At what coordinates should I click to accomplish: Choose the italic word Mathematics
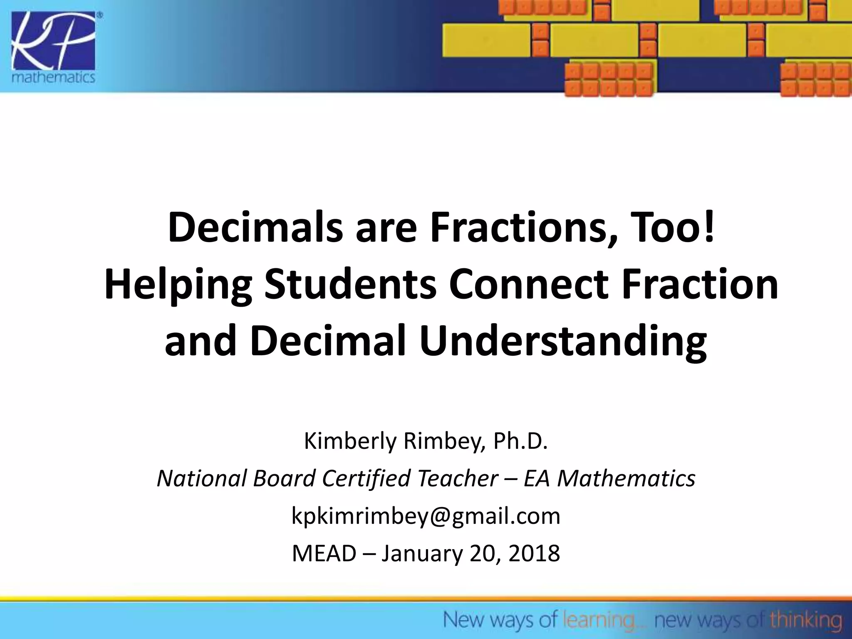click(626, 478)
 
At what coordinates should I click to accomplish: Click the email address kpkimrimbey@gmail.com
click(426, 517)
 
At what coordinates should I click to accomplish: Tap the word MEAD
click(324, 554)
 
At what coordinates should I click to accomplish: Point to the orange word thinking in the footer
click(805, 620)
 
